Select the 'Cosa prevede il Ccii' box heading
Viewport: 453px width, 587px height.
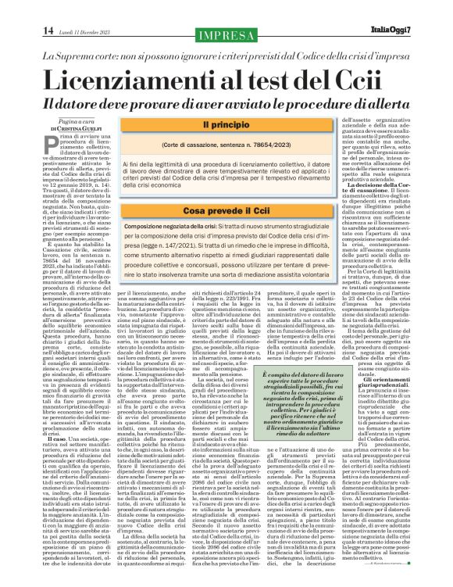226,212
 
